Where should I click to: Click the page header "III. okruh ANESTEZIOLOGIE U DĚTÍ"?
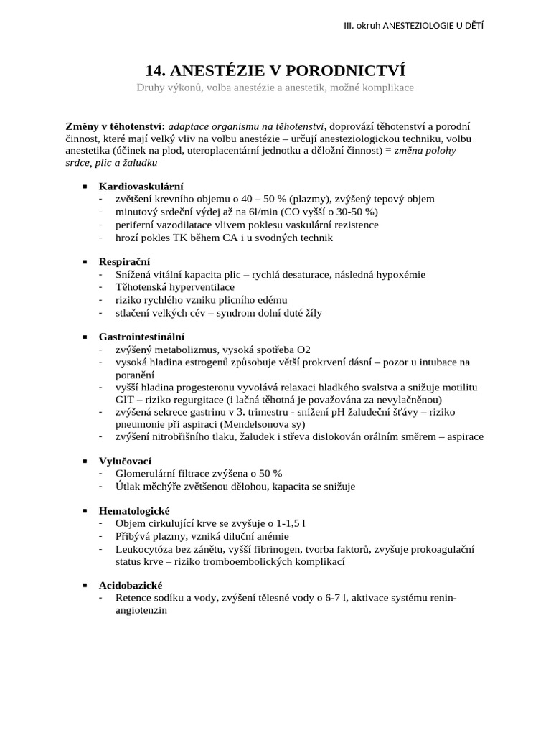tap(413, 26)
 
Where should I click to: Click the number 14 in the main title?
tap(154, 70)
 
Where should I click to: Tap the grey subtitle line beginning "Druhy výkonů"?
tap(275, 88)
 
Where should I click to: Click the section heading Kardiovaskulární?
tap(141, 186)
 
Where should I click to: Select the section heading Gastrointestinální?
tap(141, 336)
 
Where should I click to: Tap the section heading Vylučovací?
tap(125, 460)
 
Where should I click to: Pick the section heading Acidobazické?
tap(131, 585)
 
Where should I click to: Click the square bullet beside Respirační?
tap(85, 261)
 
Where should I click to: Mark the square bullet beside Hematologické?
tap(85, 510)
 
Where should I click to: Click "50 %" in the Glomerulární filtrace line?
tap(270, 473)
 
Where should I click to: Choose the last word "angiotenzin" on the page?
tap(141, 610)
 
